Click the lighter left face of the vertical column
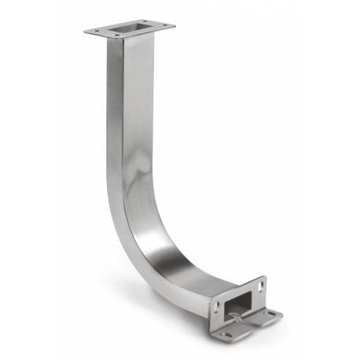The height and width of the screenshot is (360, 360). click(x=114, y=118)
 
